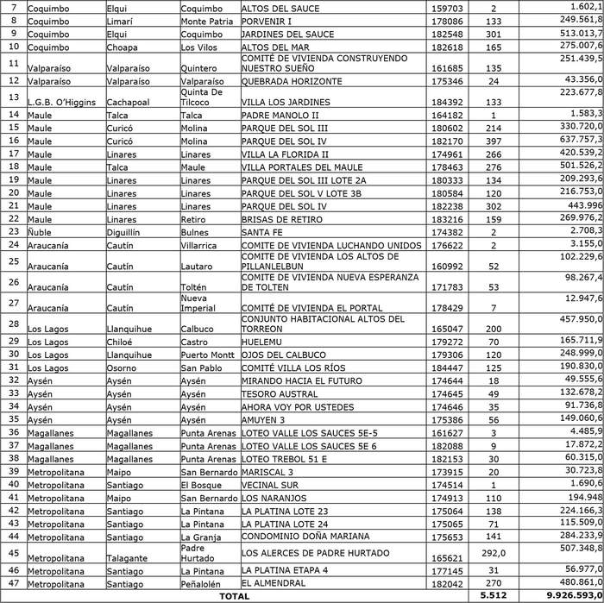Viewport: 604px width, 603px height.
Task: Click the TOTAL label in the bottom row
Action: coord(233,595)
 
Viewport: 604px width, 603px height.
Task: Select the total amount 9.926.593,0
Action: coord(562,595)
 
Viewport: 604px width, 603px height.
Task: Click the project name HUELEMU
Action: coord(264,342)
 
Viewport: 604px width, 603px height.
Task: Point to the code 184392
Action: coord(447,102)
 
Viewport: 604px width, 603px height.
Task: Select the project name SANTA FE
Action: coord(264,232)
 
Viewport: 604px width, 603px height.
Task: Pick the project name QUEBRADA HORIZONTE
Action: coord(293,81)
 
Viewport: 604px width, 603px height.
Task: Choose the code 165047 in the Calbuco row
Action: coord(447,329)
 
